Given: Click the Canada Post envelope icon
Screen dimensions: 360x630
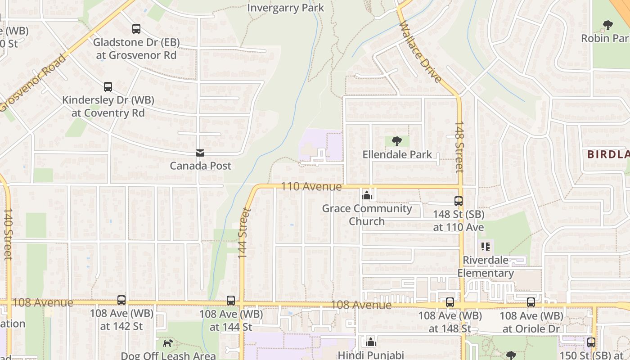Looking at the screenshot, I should (200, 153).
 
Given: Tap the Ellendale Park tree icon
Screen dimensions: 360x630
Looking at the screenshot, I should (396, 141).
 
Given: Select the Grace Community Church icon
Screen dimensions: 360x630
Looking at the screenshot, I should (367, 195).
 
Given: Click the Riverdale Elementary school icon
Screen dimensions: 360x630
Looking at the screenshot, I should (486, 247).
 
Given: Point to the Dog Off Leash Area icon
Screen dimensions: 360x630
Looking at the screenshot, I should (168, 343).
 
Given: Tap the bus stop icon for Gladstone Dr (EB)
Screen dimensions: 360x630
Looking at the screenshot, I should (136, 29).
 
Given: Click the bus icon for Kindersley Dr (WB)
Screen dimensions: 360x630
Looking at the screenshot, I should (108, 87).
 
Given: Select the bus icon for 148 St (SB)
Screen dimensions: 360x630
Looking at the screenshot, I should (459, 201).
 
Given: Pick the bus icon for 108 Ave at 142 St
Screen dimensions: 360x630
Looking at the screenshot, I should (121, 300).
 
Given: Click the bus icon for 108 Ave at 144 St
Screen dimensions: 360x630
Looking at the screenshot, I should (231, 301).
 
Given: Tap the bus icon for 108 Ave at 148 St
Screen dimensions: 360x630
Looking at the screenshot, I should (450, 302).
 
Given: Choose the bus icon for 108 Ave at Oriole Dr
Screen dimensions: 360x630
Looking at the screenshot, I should (531, 302).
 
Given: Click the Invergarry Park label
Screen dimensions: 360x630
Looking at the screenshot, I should (286, 8).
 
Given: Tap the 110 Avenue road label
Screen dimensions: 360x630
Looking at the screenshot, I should (311, 186).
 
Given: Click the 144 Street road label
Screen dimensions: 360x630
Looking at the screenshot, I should (243, 233).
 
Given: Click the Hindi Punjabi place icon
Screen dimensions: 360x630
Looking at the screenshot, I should (371, 342).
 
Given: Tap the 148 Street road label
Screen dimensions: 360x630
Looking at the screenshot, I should (459, 147).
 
